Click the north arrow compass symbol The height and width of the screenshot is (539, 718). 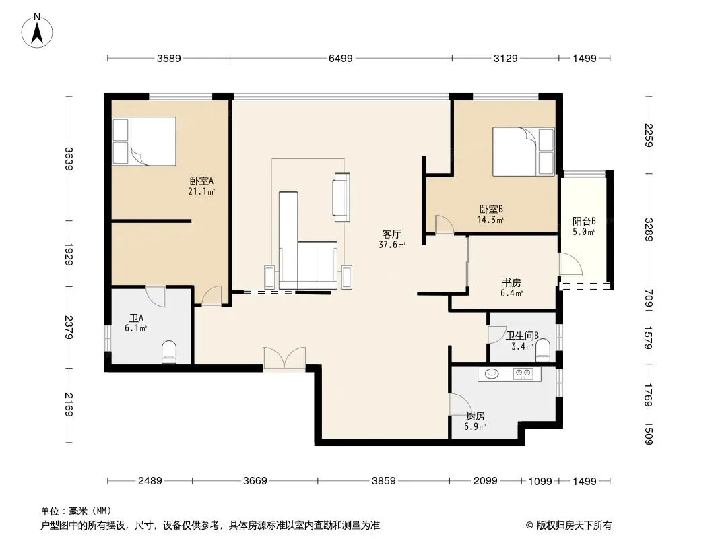point(37,31)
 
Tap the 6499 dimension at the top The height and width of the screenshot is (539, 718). point(341,58)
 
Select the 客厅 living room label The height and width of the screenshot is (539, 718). point(392,234)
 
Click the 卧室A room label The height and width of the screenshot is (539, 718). point(201,181)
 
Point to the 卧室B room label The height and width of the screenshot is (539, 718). point(490,210)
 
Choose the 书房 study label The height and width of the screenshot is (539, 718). point(511,283)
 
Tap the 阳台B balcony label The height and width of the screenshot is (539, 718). point(584,221)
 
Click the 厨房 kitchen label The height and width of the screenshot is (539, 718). point(476,416)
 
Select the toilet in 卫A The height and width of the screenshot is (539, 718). point(169,352)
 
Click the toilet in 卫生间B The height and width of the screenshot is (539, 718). point(543,350)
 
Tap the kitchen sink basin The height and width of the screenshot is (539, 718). point(492,373)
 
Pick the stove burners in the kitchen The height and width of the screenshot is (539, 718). point(523,374)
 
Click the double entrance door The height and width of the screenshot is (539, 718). point(284,358)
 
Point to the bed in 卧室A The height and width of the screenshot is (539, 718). point(144,141)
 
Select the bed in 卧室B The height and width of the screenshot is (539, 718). point(523,152)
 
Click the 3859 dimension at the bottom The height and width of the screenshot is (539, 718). point(384,481)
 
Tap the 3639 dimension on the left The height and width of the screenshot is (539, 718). point(69,158)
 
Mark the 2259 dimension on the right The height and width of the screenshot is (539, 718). point(649,135)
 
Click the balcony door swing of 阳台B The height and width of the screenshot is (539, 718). point(570,264)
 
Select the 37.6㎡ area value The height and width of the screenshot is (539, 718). point(392,245)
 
